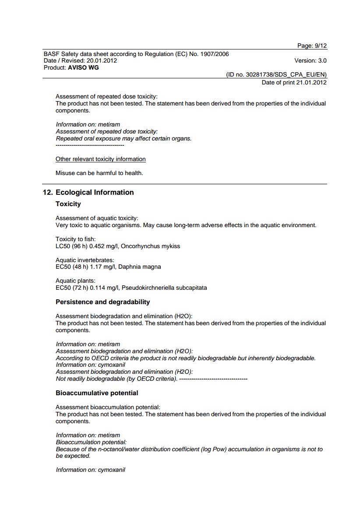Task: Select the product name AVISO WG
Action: click(84, 68)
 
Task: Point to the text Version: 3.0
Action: click(311, 61)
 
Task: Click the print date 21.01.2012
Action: click(311, 82)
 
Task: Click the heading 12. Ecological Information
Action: click(88, 193)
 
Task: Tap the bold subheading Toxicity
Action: click(68, 204)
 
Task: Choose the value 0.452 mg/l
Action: click(103, 246)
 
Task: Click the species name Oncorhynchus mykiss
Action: click(150, 246)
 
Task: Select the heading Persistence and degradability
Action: click(103, 302)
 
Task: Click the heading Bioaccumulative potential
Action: click(97, 393)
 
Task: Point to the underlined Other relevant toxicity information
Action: click(101, 159)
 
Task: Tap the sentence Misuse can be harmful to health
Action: click(99, 173)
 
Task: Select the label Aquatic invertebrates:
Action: click(85, 260)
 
